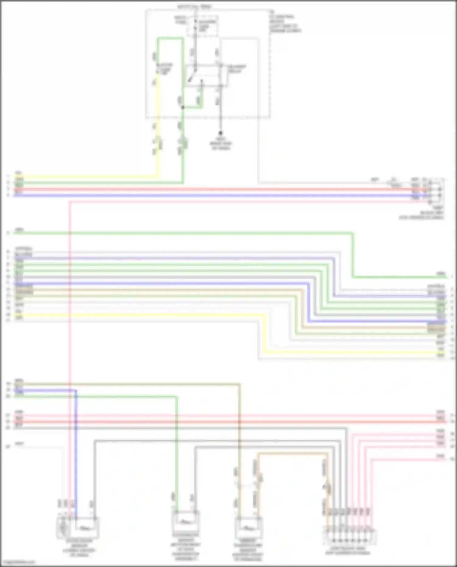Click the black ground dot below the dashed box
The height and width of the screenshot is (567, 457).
(x=220, y=133)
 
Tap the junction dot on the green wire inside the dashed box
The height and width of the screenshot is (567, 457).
(x=183, y=107)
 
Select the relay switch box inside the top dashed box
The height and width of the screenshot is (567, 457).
(x=207, y=76)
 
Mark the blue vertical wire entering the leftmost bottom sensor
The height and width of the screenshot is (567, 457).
(x=76, y=457)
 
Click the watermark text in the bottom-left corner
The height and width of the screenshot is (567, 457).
(x=18, y=562)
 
